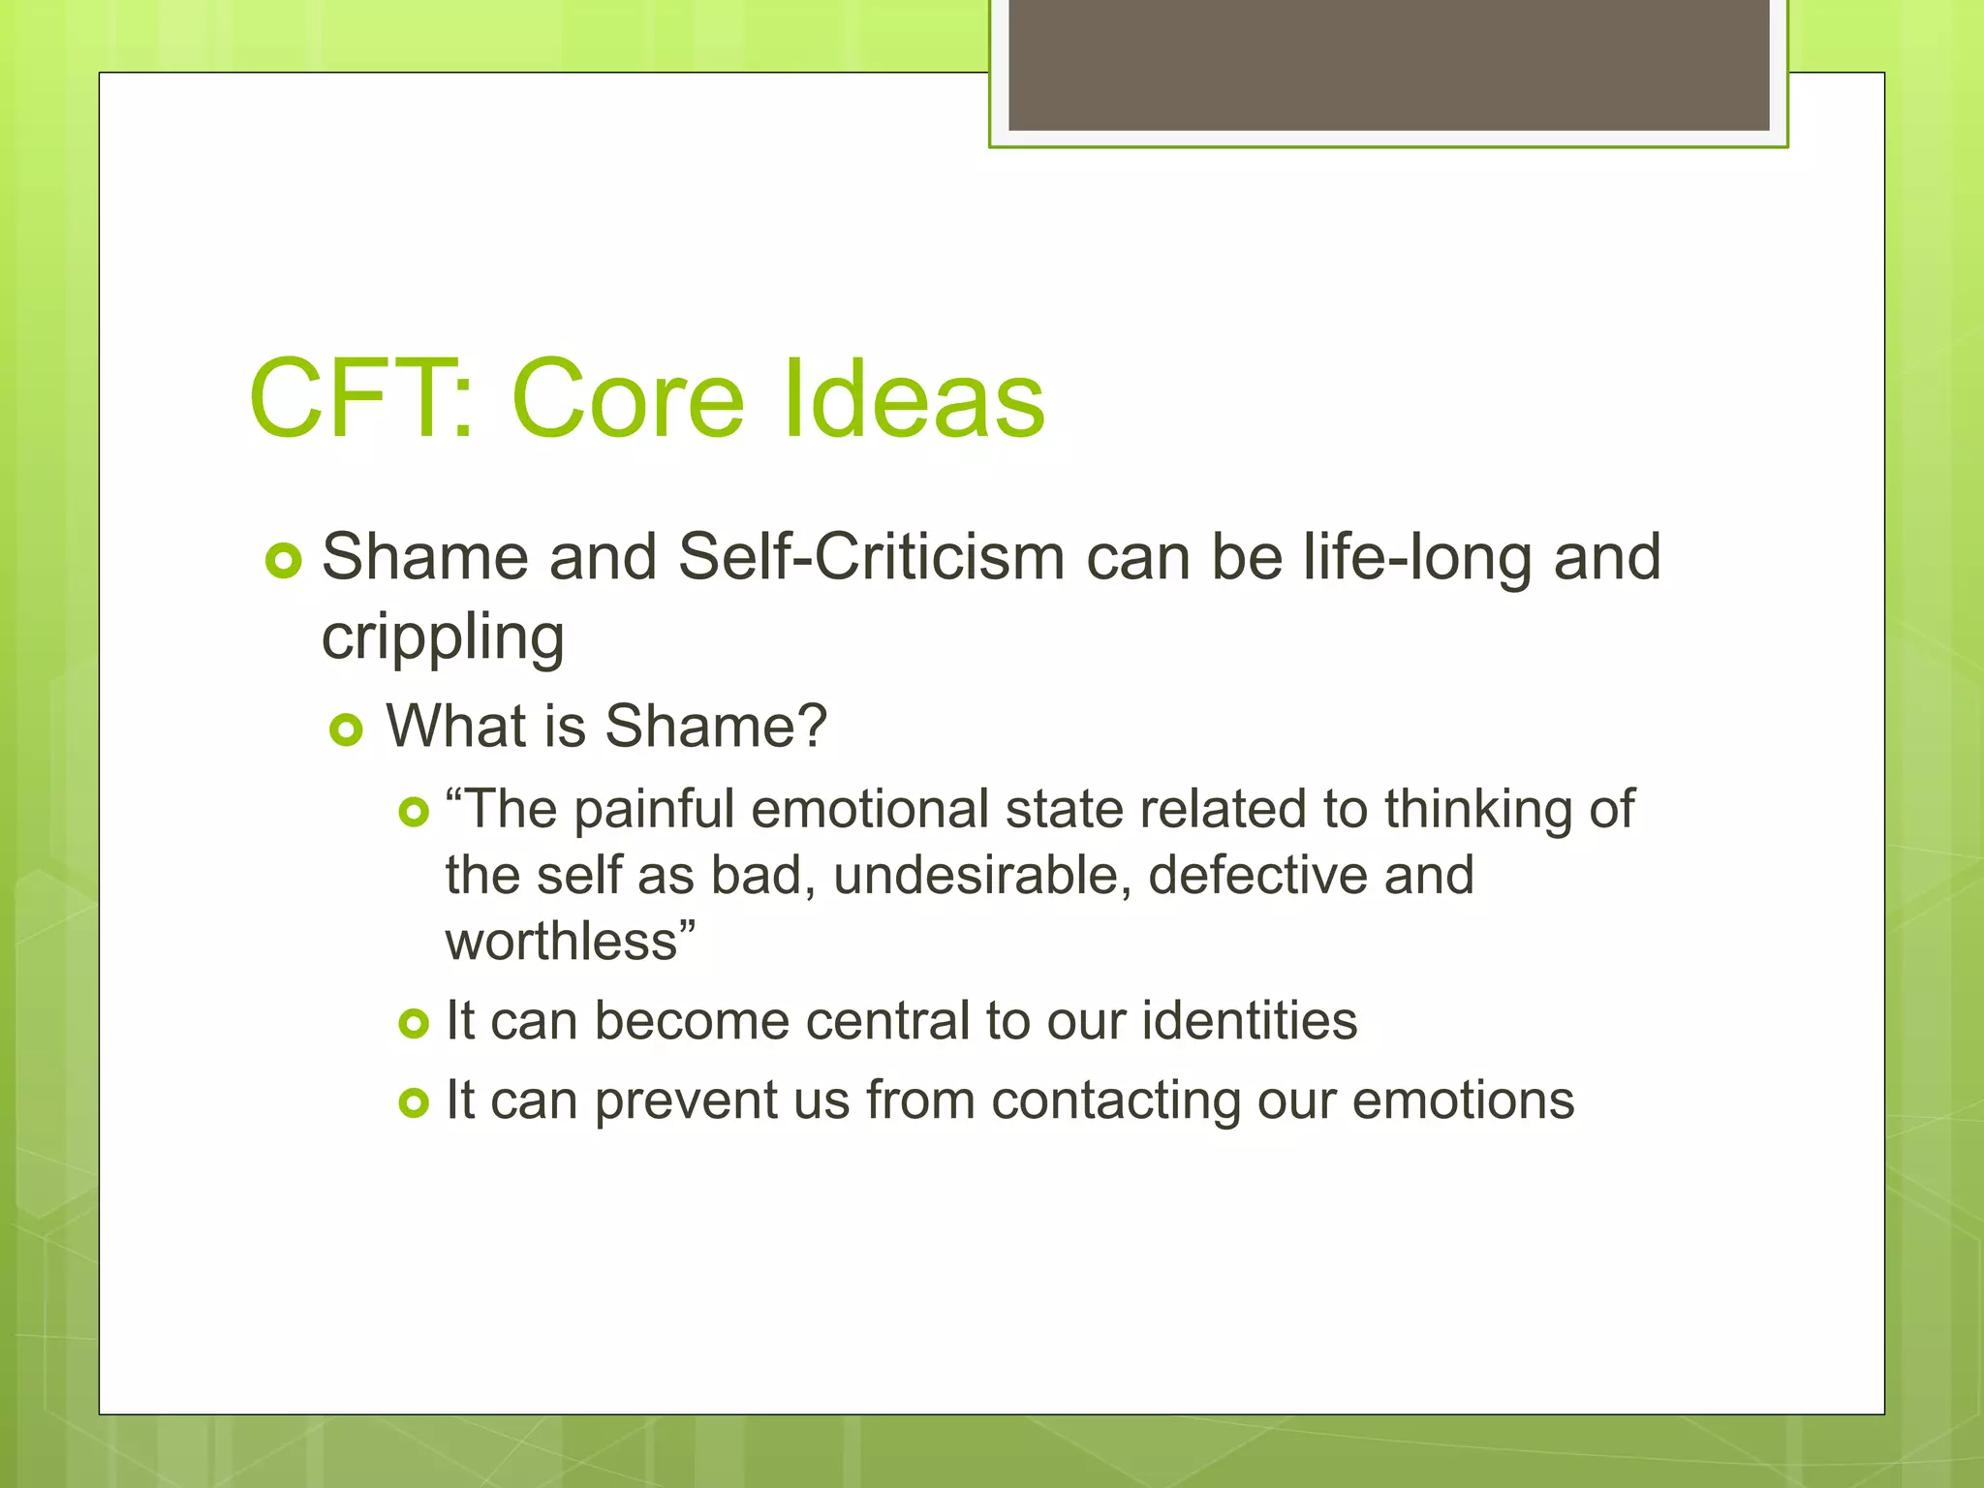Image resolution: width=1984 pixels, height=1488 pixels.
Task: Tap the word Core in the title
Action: click(628, 398)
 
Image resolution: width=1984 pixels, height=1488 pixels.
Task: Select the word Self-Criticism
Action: click(871, 558)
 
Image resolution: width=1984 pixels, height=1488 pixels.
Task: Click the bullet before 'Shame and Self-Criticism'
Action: click(284, 561)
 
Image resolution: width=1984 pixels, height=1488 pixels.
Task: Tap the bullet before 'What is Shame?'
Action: click(346, 729)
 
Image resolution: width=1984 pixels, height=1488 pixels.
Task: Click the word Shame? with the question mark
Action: click(716, 726)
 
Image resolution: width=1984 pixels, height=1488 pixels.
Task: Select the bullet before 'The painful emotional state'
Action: click(414, 812)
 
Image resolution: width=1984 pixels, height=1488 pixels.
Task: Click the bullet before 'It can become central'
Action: click(414, 1023)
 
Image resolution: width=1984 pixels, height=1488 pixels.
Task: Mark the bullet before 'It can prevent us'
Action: click(414, 1102)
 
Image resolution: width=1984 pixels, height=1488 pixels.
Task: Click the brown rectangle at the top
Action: click(1388, 64)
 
